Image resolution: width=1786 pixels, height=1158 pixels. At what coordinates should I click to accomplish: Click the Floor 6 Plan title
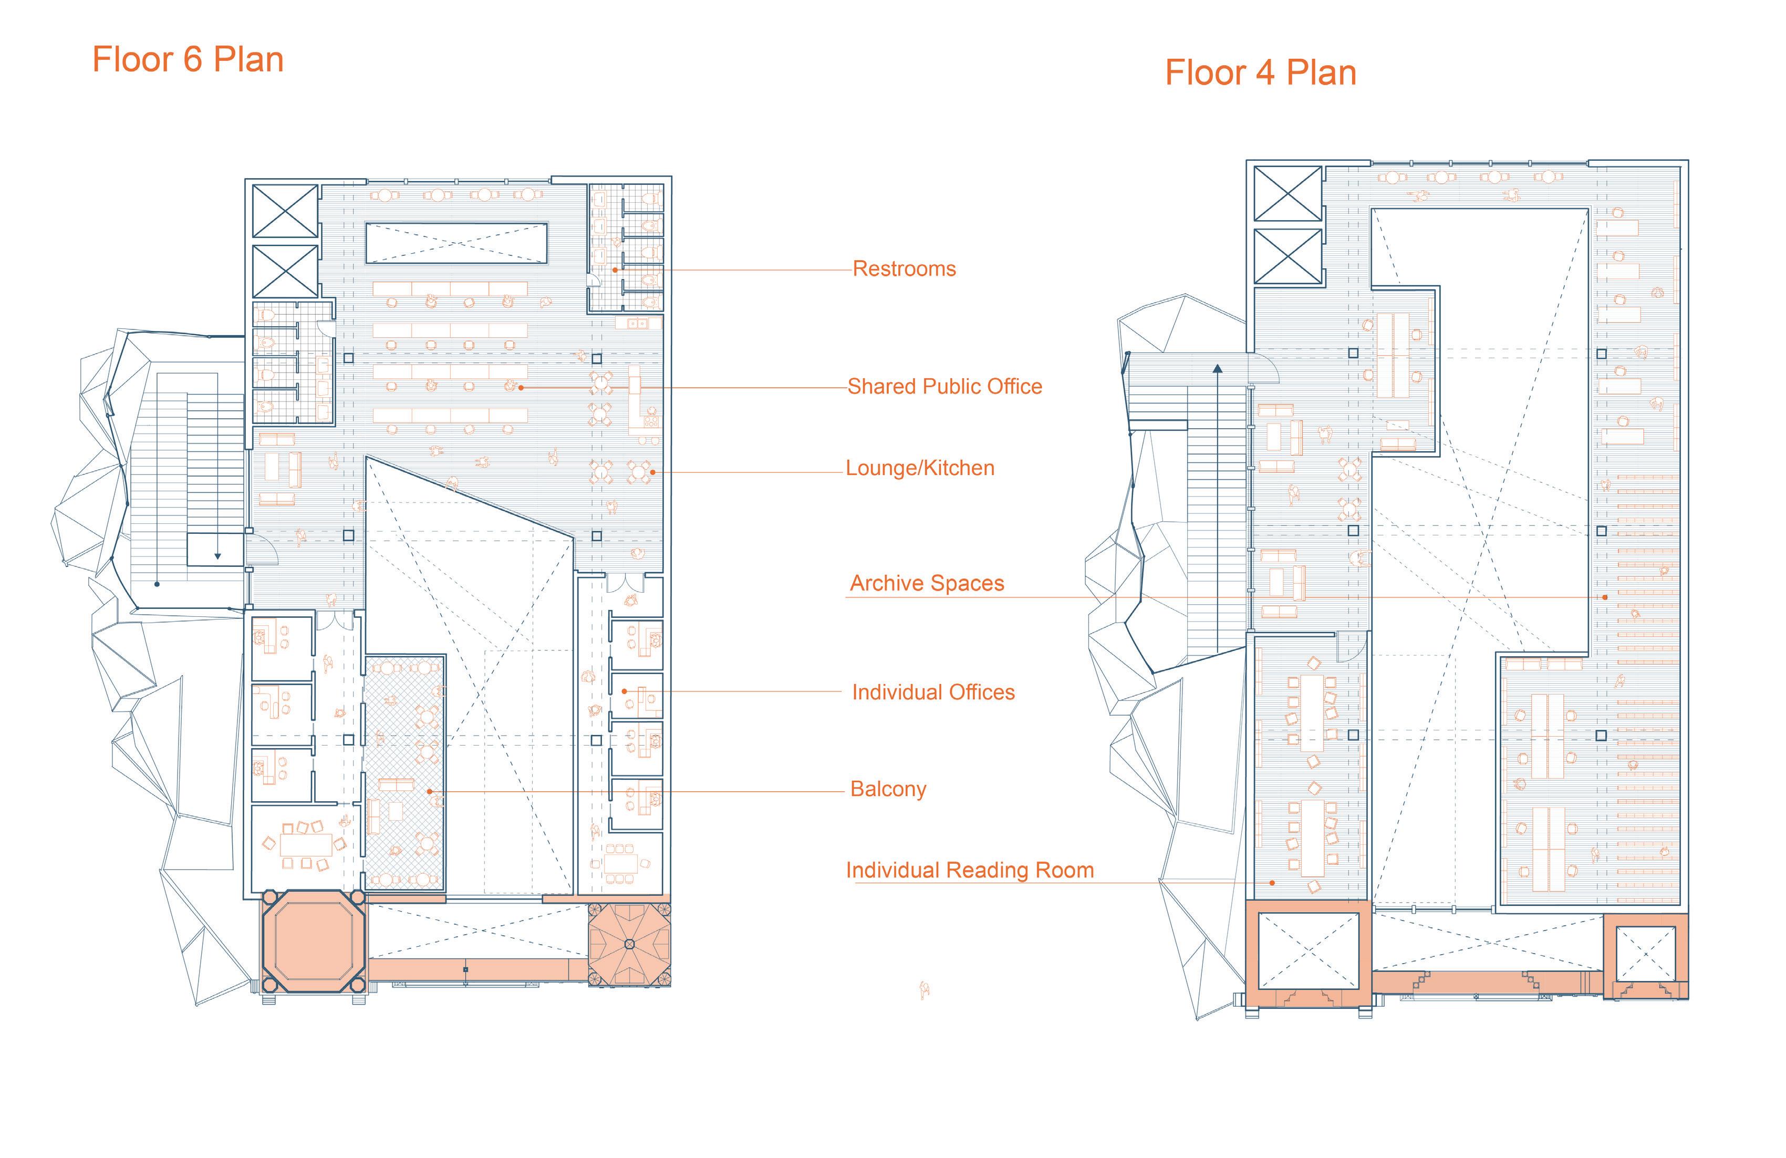(x=188, y=60)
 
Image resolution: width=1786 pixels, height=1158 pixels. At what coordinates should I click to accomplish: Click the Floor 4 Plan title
(x=1260, y=74)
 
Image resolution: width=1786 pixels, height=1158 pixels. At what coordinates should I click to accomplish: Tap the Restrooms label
(x=904, y=268)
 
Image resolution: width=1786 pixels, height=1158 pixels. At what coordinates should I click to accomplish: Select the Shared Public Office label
(x=945, y=387)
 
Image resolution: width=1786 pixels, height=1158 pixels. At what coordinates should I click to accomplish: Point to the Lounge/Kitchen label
(x=920, y=468)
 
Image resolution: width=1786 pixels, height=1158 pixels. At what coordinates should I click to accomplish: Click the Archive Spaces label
(x=927, y=583)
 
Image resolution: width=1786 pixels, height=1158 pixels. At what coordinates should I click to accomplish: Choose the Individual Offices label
(x=933, y=692)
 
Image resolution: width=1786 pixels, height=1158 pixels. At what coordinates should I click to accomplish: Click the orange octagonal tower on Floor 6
(x=314, y=943)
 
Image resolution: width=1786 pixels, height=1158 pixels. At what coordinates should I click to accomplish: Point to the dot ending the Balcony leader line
(x=429, y=791)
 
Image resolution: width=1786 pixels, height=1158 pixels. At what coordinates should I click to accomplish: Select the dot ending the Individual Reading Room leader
(x=1272, y=883)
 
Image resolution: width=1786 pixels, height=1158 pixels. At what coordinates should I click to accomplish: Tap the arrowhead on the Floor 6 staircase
(x=217, y=556)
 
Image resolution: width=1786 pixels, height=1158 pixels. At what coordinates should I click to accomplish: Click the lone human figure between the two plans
(x=925, y=990)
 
